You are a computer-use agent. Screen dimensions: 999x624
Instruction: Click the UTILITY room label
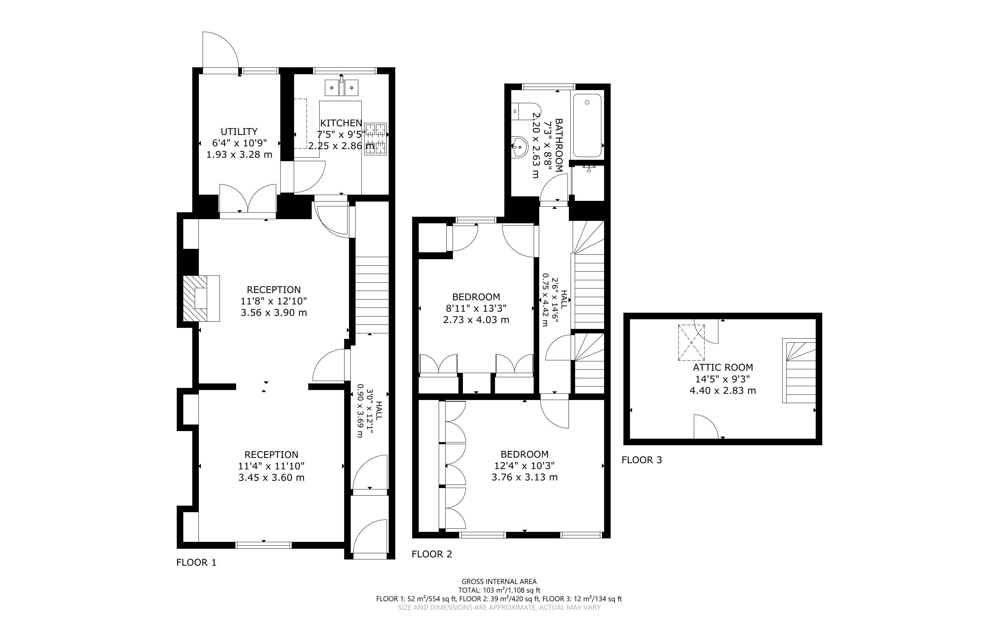[x=239, y=131]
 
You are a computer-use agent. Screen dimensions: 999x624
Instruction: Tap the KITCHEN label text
[x=341, y=123]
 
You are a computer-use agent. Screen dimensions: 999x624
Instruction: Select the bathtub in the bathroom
[x=587, y=126]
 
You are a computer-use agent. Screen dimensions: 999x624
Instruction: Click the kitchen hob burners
[x=376, y=139]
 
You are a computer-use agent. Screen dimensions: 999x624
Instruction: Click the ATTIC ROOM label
[x=722, y=367]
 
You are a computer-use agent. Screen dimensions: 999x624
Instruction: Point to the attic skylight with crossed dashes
[x=691, y=342]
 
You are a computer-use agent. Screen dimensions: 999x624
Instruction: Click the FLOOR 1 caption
[x=196, y=563]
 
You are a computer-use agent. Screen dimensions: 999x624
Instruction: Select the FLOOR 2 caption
[x=432, y=554]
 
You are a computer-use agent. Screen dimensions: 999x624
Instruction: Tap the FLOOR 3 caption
[x=642, y=460]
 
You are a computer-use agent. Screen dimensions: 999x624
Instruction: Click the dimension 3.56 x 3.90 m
[x=274, y=312]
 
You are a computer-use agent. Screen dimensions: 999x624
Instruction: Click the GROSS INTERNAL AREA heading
[x=499, y=582]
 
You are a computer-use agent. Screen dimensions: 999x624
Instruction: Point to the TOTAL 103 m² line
[x=499, y=591]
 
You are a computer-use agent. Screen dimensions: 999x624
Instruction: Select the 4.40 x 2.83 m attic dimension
[x=722, y=390]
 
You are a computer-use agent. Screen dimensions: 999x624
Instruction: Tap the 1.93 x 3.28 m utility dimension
[x=239, y=155]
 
